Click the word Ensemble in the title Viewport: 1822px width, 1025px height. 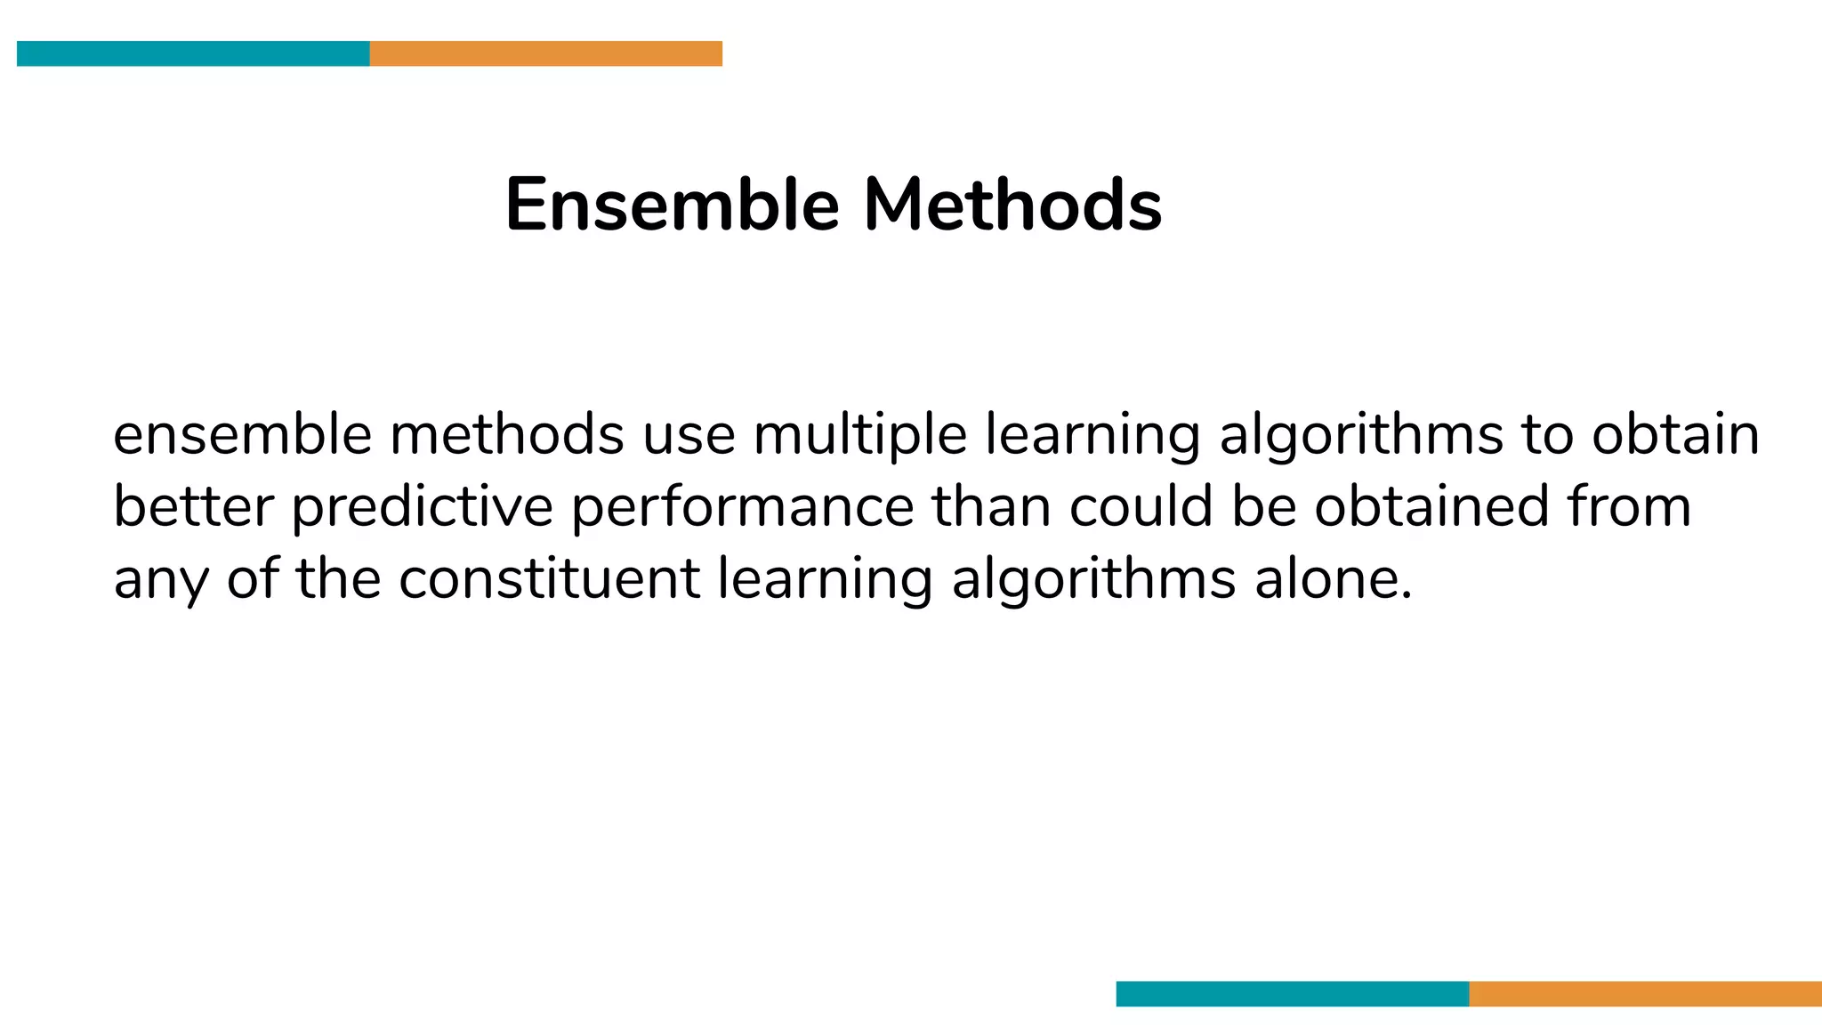672,205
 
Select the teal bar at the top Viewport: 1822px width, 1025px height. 193,53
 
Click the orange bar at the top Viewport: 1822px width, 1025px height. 545,53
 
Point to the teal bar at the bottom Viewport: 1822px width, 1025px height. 1292,994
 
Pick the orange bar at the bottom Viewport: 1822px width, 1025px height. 1645,994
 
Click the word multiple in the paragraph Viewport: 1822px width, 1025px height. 859,435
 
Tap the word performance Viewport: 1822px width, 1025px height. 742,507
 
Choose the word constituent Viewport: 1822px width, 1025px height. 549,579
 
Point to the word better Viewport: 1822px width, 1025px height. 193,507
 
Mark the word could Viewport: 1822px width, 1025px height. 1141,507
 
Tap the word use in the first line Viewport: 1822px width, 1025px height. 689,435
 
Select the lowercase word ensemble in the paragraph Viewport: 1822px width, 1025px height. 242,435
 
